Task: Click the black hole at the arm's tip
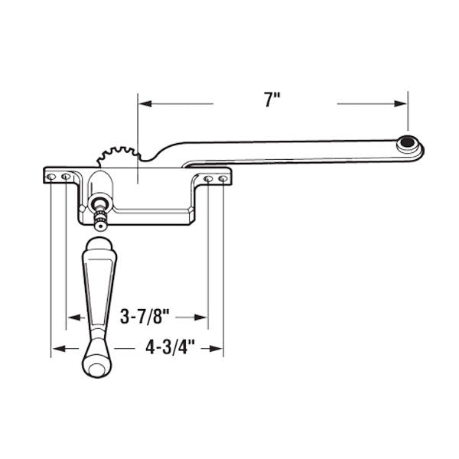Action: coord(409,142)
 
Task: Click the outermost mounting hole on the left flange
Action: coord(51,177)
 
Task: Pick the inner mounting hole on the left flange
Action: coord(66,177)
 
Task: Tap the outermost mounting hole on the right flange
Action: coord(223,179)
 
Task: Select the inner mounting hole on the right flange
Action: coord(208,179)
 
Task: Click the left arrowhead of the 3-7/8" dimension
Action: coord(71,317)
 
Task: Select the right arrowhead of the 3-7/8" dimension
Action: coord(203,317)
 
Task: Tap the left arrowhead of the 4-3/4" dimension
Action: coord(57,350)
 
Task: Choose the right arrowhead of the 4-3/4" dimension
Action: coord(218,350)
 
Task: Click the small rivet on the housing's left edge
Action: coord(80,207)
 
